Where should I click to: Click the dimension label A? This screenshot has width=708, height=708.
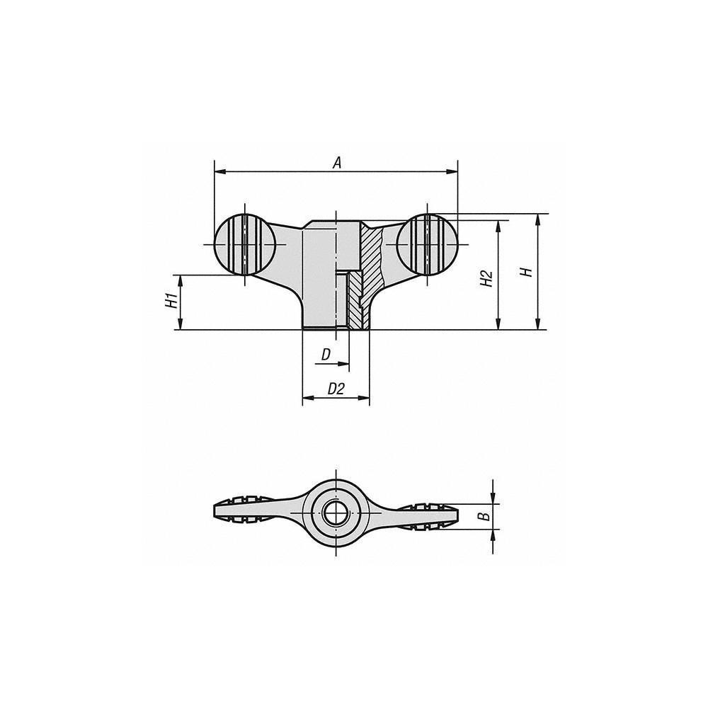click(x=338, y=162)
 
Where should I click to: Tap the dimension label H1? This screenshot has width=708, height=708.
click(x=171, y=302)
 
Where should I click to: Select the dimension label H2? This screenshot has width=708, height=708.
click(x=486, y=277)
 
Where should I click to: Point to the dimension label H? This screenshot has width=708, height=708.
click(x=525, y=271)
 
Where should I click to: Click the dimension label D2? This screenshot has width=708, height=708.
click(x=336, y=389)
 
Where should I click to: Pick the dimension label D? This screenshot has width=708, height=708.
click(x=326, y=354)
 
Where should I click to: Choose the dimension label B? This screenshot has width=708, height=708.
click(x=484, y=515)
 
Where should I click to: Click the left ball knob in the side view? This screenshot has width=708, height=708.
click(x=245, y=244)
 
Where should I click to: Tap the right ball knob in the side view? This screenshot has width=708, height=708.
click(x=427, y=244)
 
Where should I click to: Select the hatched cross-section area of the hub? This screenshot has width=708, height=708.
click(x=370, y=262)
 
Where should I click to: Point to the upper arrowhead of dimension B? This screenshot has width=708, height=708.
click(x=493, y=497)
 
